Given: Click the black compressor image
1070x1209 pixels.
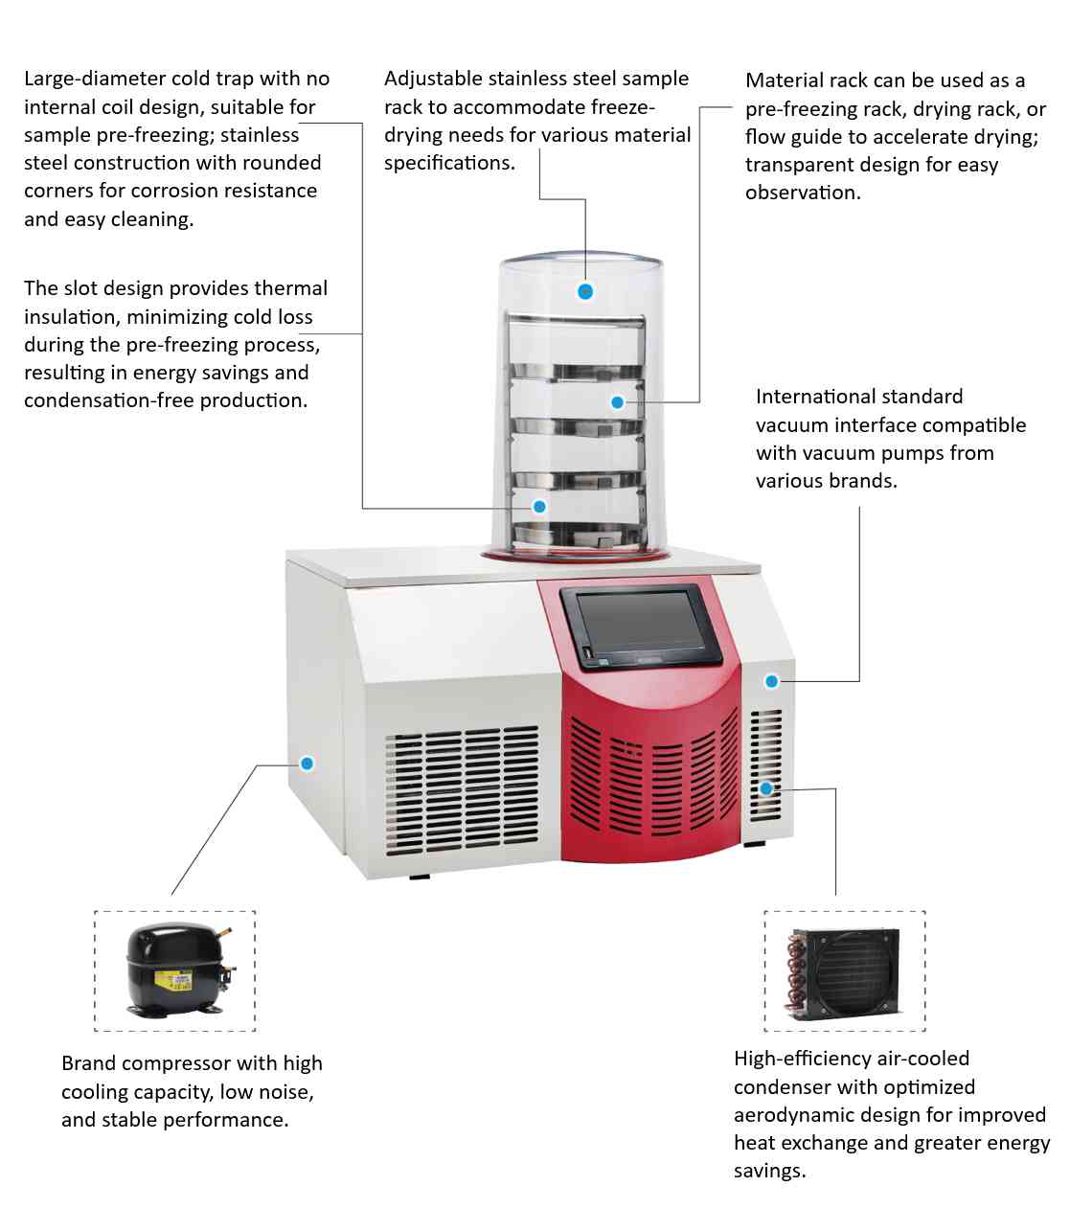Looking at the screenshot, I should [176, 969].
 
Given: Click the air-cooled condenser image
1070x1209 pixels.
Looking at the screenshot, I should [844, 970].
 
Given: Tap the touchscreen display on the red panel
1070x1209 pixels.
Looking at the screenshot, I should [640, 626].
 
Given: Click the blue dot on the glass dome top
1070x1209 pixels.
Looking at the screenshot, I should [585, 291].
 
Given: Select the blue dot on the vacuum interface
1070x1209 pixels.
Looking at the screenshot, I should [771, 681].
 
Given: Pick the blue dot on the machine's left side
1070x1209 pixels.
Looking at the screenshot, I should [307, 764].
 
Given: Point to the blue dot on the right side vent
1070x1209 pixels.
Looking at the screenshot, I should [766, 788].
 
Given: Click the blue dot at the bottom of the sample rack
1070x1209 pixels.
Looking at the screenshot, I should [539, 507].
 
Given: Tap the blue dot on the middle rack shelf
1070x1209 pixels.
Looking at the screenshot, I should [617, 402].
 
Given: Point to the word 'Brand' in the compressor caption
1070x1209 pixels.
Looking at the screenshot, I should [89, 1063].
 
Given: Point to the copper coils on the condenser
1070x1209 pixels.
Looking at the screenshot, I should [795, 972].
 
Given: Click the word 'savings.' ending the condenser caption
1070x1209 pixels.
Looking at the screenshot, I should [769, 1171].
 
